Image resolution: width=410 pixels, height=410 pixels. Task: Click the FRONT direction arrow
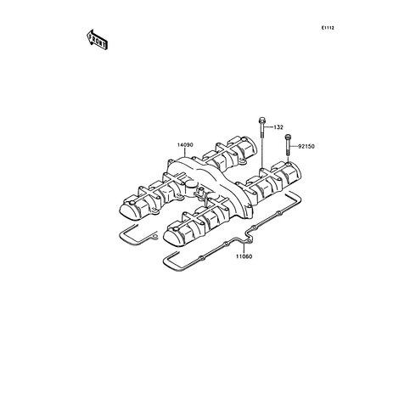click(97, 40)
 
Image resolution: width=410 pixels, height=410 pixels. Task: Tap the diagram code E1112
click(328, 28)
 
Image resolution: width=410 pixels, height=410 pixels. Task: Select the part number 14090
click(185, 145)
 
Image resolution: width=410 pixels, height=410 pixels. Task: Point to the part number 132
click(278, 127)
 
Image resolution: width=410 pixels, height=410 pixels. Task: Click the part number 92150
click(306, 147)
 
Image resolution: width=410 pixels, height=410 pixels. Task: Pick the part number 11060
click(244, 256)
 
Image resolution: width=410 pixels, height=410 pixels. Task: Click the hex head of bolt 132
click(261, 120)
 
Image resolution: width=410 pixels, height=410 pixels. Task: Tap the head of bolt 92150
click(288, 137)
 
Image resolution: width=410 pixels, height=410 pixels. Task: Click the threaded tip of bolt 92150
click(288, 153)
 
